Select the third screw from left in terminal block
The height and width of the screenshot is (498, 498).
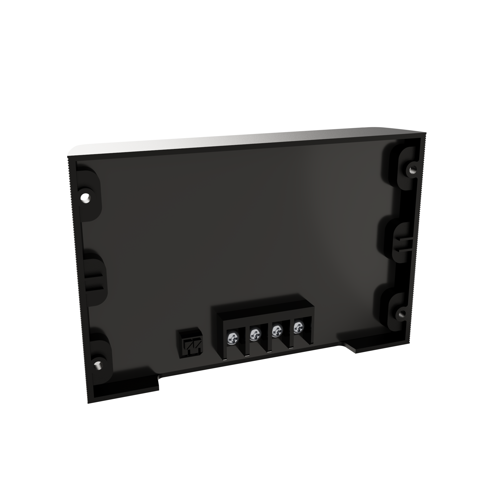[277, 331]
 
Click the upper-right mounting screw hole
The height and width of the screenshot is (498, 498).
[413, 169]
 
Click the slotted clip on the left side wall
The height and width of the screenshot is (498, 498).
[95, 283]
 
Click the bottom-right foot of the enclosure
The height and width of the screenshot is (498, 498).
[371, 345]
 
